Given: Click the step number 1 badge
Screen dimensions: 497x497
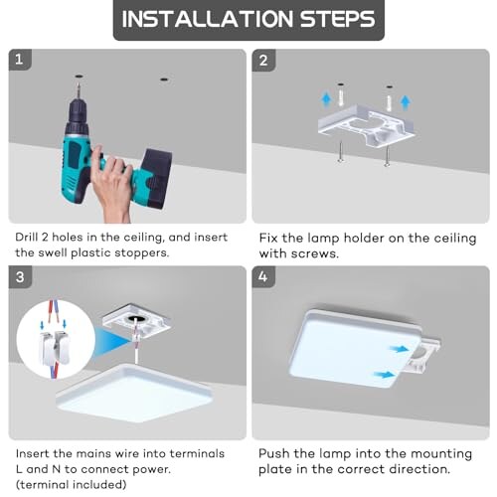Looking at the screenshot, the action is pos(20,60).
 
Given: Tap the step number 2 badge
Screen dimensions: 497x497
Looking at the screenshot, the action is pos(263,61).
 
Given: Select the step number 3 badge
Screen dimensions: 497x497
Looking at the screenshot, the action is pos(20,277).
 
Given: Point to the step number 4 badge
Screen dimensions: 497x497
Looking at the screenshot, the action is pos(263,276).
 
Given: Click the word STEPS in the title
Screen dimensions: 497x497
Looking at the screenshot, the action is pos(338,19).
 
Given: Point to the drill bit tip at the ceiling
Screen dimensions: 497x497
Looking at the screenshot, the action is pos(79,83).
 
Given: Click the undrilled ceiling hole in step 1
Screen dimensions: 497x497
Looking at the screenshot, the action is pos(164,80).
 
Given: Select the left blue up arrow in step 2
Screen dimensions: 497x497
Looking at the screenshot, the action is pos(326,99).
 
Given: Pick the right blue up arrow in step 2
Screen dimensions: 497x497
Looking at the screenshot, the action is pos(406,101).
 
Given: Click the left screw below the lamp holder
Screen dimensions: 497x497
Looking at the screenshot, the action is pos(341,151).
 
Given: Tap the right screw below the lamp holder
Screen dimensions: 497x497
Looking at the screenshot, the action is pos(387,155).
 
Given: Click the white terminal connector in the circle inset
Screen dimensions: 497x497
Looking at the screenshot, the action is pos(55,347).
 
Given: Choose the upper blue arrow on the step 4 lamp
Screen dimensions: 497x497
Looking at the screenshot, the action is pos(399,349).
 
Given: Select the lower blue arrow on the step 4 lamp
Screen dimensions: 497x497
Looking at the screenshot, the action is pos(385,375).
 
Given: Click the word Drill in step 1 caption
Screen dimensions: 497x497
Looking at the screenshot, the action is pos(27,238).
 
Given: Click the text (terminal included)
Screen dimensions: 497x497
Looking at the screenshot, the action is pos(72,484).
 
